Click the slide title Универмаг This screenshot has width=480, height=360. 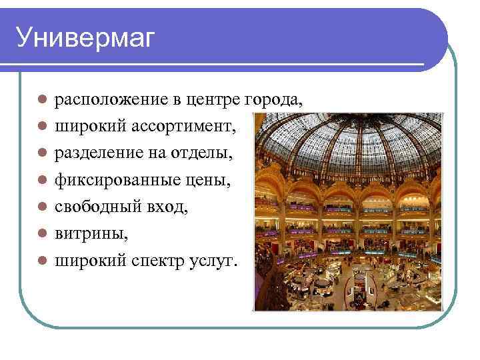pyautogui.click(x=85, y=38)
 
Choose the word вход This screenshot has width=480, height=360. pyautogui.click(x=171, y=207)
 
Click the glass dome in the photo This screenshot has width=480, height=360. pyautogui.click(x=347, y=143)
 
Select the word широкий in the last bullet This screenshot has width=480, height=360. pyautogui.click(x=89, y=261)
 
